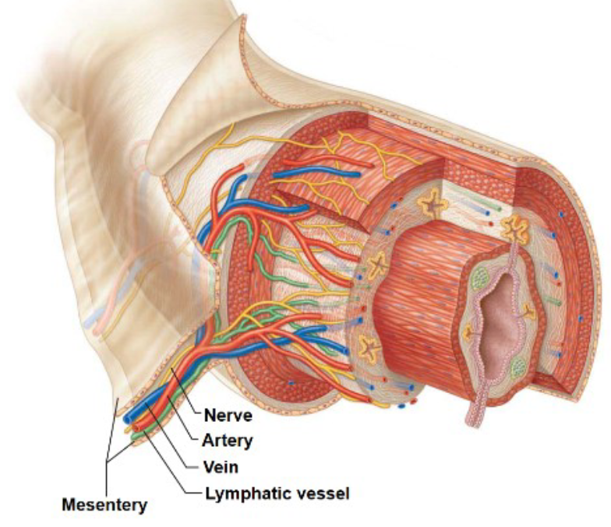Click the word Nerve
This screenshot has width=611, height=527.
point(228,415)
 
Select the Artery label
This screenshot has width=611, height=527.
point(229,441)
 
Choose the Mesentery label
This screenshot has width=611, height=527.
point(104,505)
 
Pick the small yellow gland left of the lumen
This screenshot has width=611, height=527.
point(468,333)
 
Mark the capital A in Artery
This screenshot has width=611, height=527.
point(208,441)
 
